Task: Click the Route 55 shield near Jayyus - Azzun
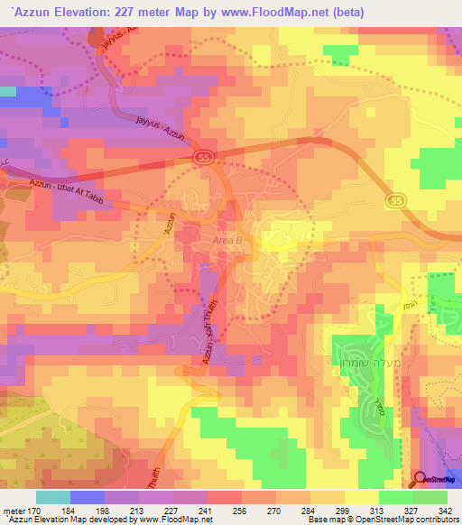point(204,157)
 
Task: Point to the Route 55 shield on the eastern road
point(395,199)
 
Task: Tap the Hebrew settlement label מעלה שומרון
point(354,329)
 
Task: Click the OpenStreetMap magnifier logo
point(420,480)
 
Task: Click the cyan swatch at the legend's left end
point(53,497)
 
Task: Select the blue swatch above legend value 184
point(87,497)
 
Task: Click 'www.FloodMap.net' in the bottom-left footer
point(168,520)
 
